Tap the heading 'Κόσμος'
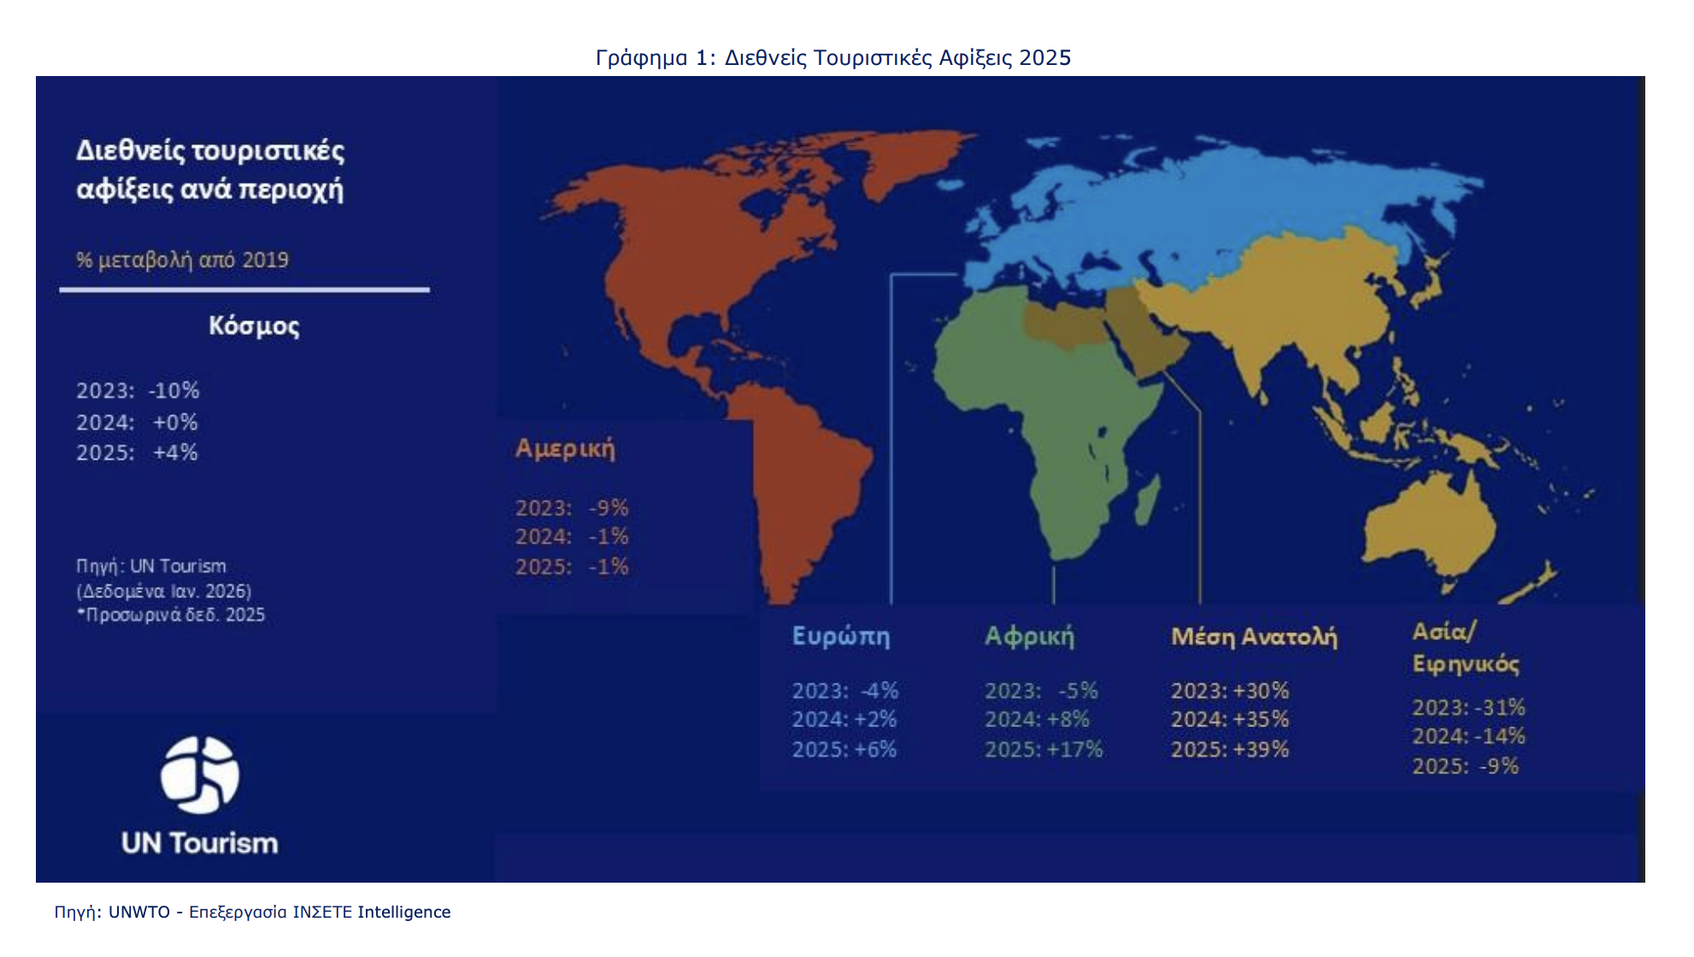[254, 326]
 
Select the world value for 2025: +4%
[137, 452]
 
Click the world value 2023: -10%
[138, 390]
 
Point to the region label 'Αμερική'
[564, 449]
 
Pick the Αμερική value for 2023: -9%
[571, 508]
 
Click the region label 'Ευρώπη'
[840, 637]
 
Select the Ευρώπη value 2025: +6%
[844, 749]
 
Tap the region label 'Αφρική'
[1029, 637]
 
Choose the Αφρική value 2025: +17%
[1043, 749]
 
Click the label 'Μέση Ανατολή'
[1253, 637]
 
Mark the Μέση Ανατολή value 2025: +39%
[1229, 749]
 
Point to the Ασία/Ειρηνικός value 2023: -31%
[1468, 707]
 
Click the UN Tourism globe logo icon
[200, 774]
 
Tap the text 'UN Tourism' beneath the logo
[200, 843]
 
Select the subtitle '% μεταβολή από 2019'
[182, 260]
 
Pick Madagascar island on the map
[1147, 500]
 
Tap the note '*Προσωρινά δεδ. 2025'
[171, 615]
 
